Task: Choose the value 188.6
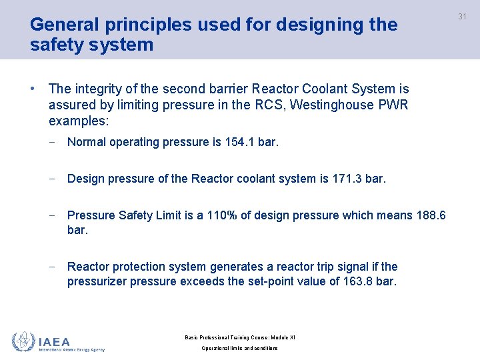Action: click(432, 215)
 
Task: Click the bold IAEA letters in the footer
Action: click(55, 342)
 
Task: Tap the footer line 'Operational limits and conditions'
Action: click(240, 349)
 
